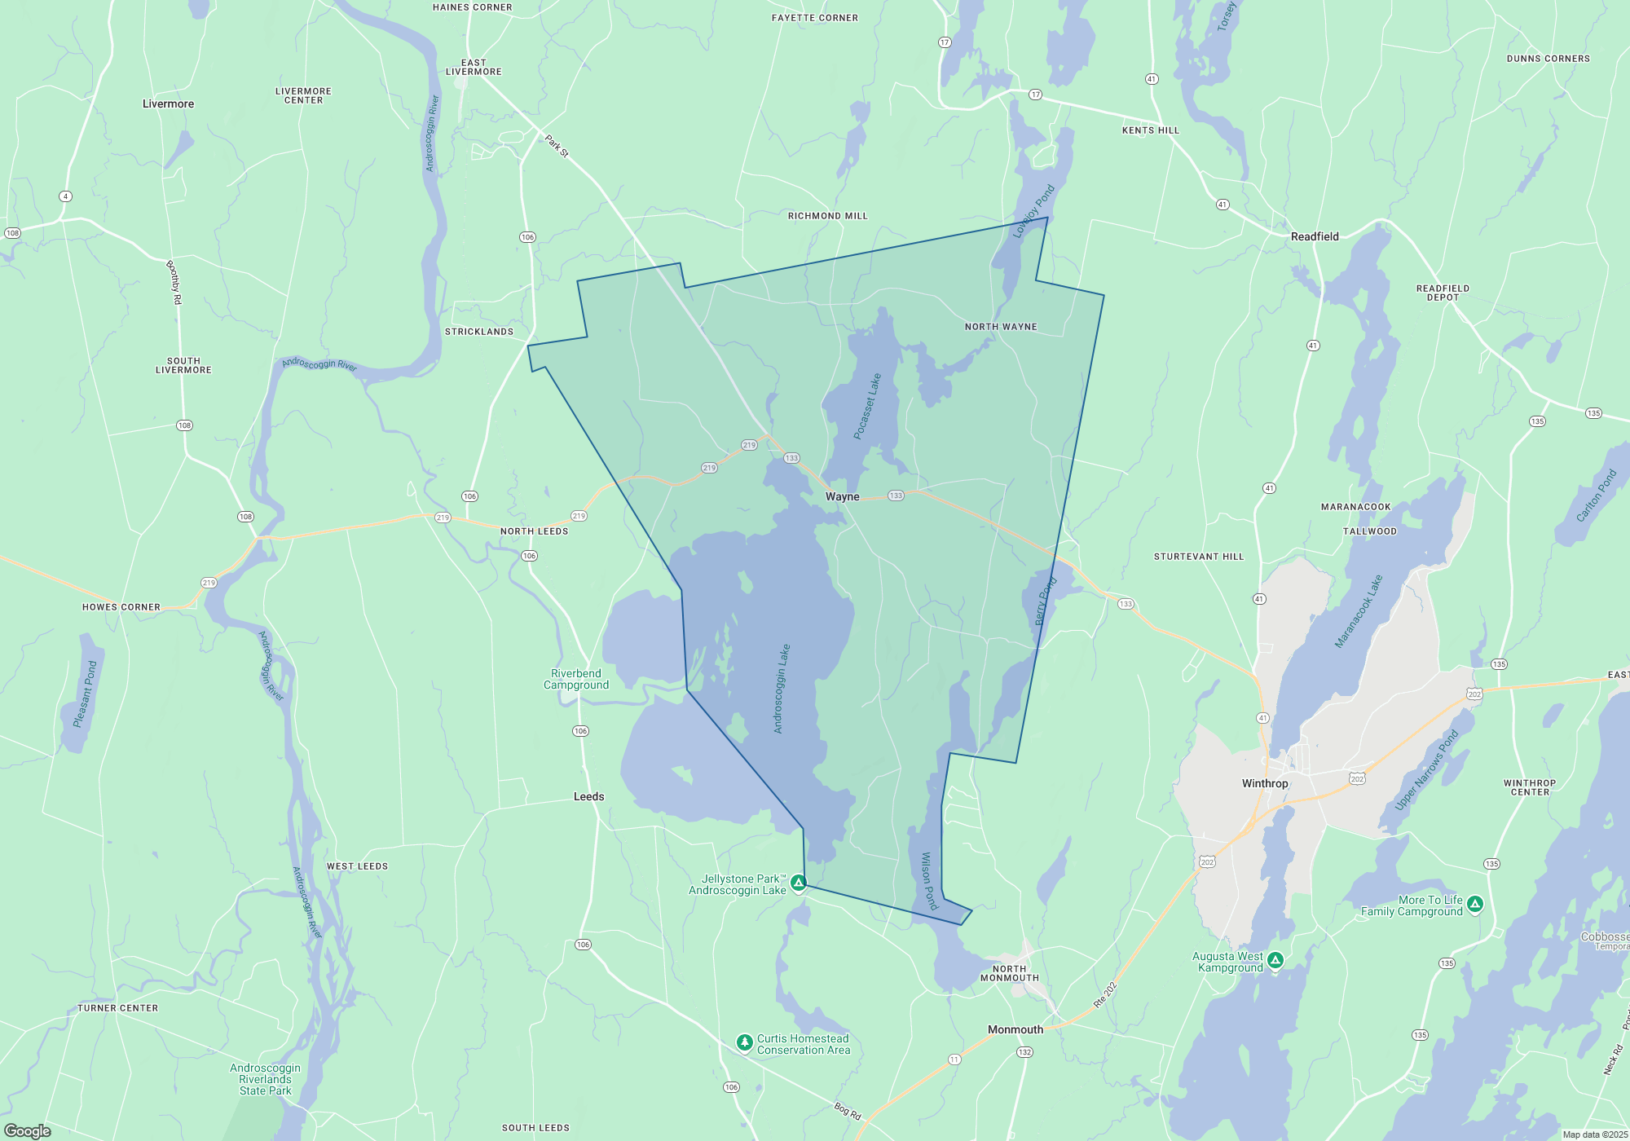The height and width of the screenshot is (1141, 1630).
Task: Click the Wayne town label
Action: (842, 496)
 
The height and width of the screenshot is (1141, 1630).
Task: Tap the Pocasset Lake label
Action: (867, 407)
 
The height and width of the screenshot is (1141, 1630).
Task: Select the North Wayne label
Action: (1001, 327)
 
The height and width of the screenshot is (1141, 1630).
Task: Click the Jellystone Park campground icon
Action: (799, 883)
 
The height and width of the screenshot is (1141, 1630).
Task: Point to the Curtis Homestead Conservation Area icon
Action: (744, 1042)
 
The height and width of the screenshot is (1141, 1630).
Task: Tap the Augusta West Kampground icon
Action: (1275, 961)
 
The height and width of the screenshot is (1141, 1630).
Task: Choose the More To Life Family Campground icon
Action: (1475, 904)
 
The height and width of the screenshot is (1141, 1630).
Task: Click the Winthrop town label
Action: (1265, 783)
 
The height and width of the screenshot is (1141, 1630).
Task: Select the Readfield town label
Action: (1315, 236)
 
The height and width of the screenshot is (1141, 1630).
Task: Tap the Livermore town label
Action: (168, 104)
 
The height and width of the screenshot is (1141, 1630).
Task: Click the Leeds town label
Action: (588, 796)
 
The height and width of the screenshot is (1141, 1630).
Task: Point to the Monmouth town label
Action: (1015, 1029)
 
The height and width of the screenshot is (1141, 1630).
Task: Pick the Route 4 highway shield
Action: (66, 196)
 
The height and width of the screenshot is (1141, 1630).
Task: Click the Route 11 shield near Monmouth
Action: (954, 1059)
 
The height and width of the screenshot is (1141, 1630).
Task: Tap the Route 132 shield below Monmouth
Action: (1024, 1052)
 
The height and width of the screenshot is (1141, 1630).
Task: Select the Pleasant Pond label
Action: (85, 694)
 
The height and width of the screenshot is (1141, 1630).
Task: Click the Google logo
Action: (28, 1131)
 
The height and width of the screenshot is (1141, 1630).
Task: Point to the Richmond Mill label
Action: (827, 216)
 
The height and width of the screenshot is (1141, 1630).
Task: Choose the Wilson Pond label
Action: (929, 880)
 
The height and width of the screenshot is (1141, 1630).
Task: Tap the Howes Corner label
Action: (121, 607)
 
